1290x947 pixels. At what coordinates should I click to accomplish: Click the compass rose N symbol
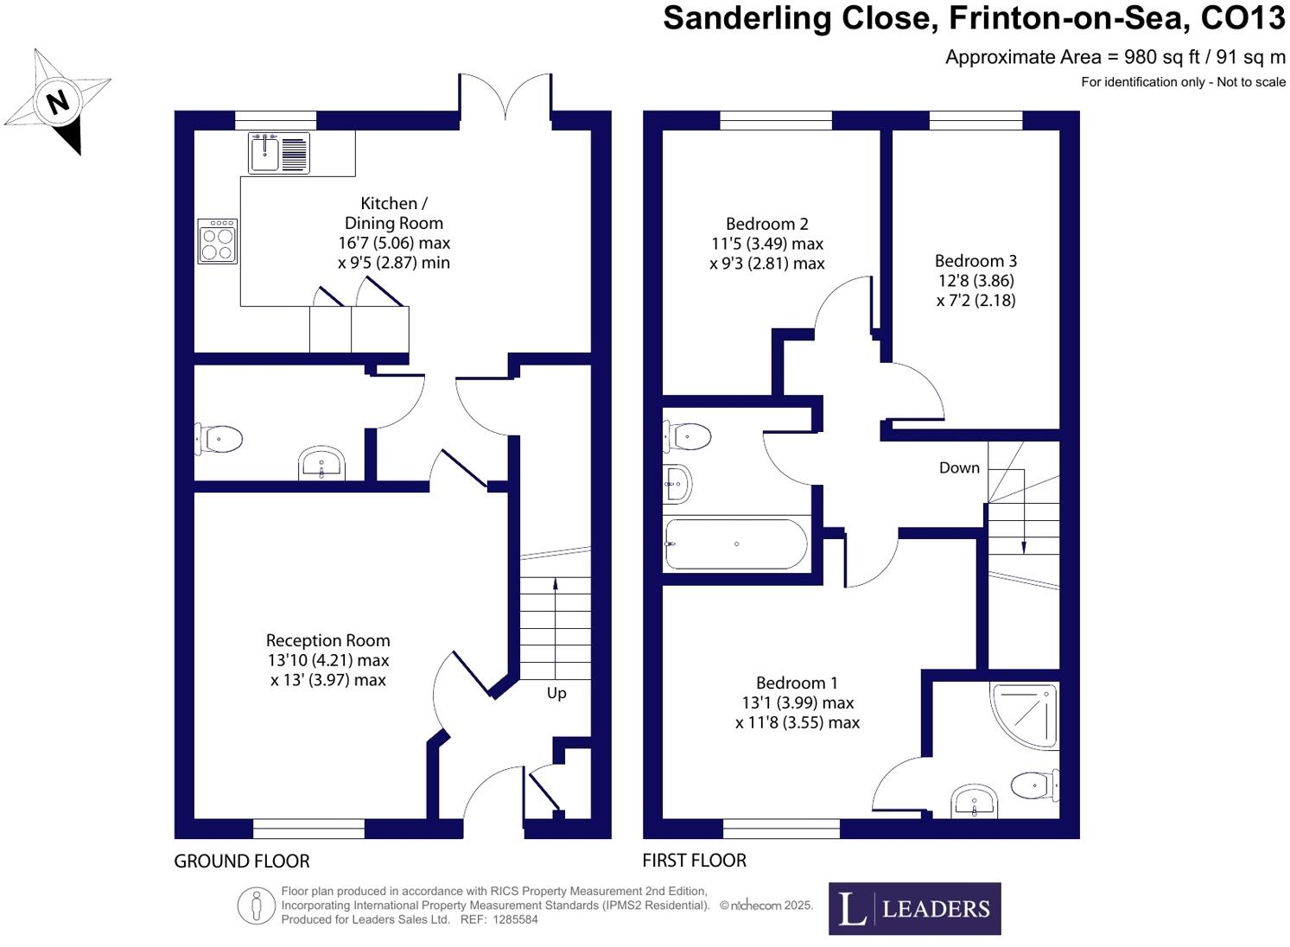57,102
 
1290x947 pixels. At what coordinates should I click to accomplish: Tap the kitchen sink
279,153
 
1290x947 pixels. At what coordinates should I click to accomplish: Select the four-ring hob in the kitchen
217,241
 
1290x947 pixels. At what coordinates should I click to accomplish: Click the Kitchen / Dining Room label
394,213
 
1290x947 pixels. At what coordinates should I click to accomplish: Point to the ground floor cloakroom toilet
219,439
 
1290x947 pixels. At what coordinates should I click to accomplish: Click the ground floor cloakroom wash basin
321,464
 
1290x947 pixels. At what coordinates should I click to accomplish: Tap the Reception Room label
327,640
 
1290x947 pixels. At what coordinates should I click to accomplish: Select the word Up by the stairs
556,693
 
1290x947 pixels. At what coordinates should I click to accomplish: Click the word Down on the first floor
959,467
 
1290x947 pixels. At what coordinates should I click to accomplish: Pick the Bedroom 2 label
766,224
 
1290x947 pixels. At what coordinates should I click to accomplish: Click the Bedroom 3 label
975,261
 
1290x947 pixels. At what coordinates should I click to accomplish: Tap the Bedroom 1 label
797,683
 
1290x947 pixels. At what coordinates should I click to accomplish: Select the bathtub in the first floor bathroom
736,543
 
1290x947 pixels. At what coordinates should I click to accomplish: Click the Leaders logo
914,908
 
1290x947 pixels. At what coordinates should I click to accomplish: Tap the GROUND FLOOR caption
241,861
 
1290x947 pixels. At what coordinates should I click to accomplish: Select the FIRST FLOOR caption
694,861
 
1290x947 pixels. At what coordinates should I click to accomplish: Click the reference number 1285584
515,920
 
